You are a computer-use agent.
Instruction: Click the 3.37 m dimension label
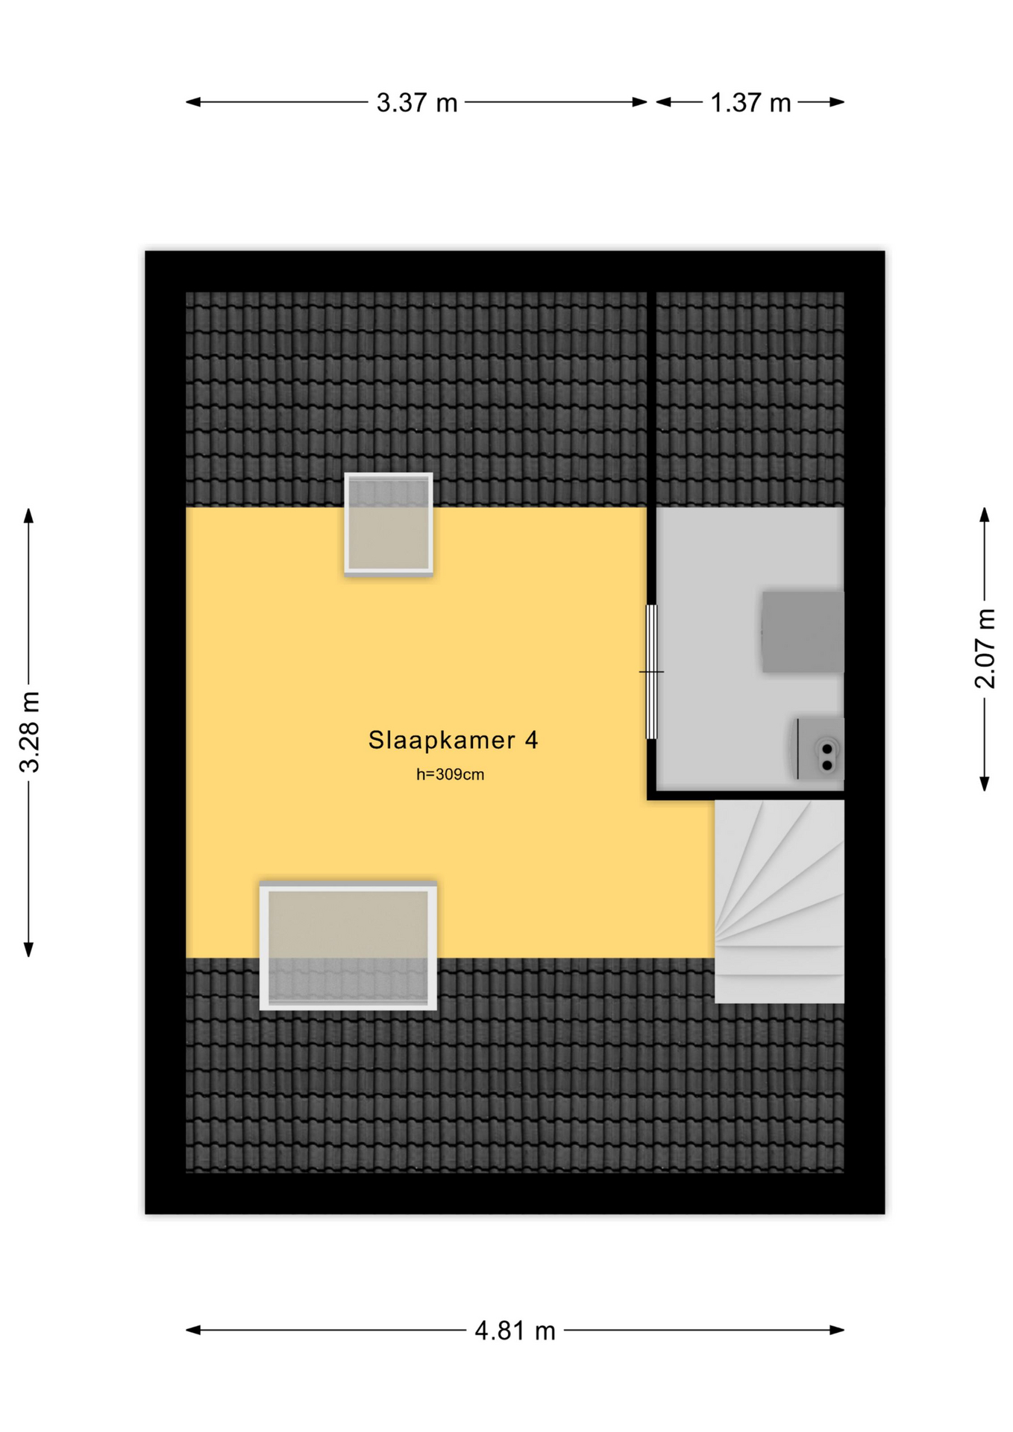tap(416, 102)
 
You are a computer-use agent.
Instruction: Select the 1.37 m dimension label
tap(750, 102)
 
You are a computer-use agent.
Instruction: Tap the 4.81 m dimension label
tap(515, 1330)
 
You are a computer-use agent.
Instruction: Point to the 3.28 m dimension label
tap(30, 732)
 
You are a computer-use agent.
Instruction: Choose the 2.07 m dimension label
tap(985, 648)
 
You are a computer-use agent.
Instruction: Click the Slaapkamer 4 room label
tap(453, 739)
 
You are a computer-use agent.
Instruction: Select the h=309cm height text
tap(450, 774)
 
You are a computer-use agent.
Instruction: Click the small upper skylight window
tap(389, 524)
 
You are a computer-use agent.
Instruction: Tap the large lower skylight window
tap(348, 946)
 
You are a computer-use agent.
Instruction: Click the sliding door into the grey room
tap(651, 671)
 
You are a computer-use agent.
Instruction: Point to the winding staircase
tap(779, 902)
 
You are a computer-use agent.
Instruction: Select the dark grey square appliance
tap(803, 632)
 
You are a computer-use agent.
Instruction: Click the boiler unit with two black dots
tap(819, 749)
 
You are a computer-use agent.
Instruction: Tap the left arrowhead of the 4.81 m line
tap(192, 1330)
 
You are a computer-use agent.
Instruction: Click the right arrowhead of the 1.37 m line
tap(837, 102)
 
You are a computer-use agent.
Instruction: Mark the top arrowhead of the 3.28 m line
tap(28, 515)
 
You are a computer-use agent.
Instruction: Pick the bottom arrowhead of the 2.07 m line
tap(985, 783)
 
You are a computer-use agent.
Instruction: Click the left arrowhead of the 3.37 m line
tap(192, 102)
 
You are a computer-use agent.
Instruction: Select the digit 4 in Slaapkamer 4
tap(531, 739)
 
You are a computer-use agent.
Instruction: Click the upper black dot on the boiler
tap(827, 749)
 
